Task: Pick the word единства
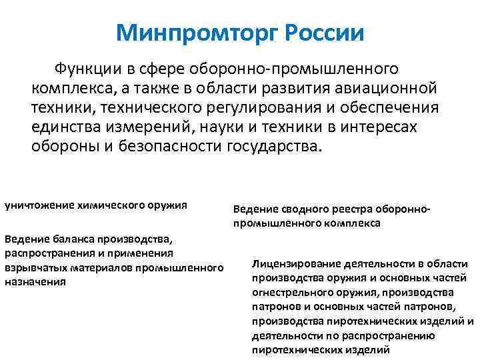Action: [x=65, y=127]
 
